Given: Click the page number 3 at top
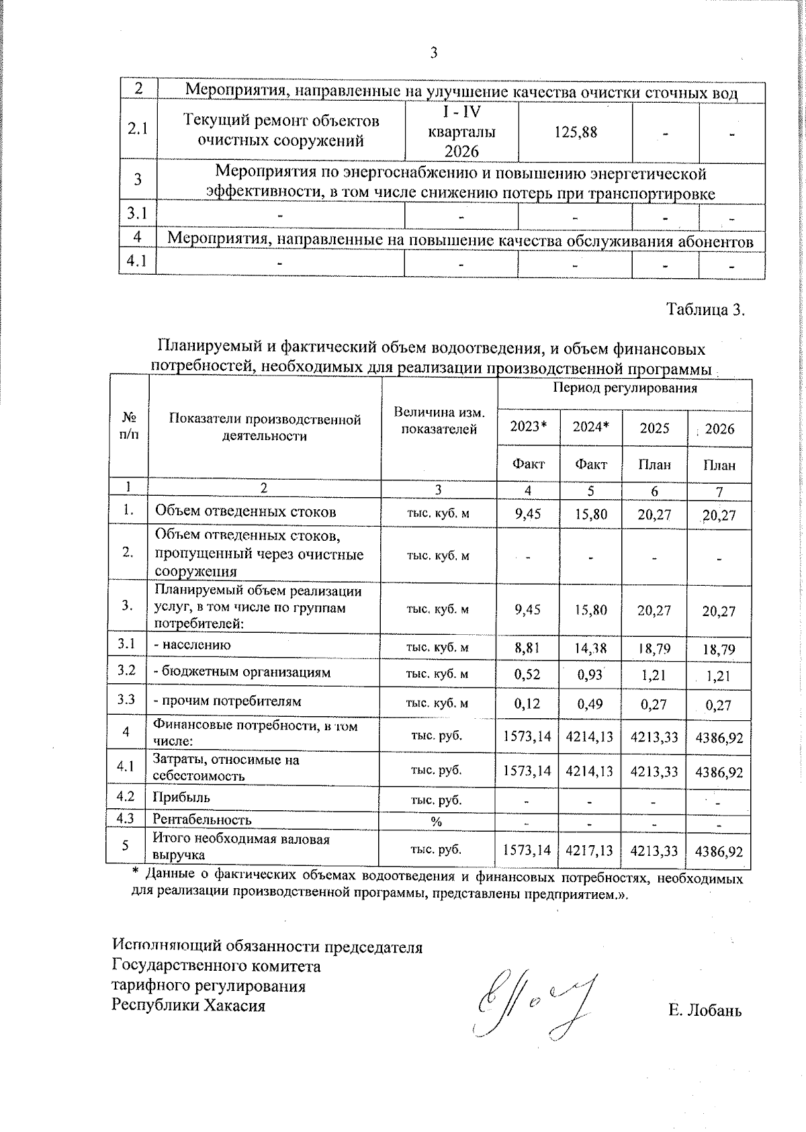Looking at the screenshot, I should (433, 53).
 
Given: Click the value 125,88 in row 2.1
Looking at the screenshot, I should (575, 132).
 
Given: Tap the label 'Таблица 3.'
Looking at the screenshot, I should (705, 310).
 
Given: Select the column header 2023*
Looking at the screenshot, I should (528, 427).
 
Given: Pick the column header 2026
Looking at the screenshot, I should (719, 429).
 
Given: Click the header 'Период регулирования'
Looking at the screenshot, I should (625, 388).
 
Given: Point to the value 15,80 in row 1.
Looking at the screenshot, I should (590, 514).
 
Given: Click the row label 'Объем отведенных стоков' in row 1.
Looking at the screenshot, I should (245, 512).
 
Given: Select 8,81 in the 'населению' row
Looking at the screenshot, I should (527, 648).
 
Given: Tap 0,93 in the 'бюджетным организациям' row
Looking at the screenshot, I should (590, 674).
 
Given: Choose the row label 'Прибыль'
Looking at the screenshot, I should (181, 797).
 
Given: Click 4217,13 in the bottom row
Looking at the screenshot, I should (590, 850).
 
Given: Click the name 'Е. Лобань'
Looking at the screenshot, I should (705, 1010).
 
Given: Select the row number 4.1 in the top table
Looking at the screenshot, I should (138, 261).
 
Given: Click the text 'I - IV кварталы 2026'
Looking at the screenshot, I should (461, 132).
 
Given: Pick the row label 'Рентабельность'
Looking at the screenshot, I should (202, 820).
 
